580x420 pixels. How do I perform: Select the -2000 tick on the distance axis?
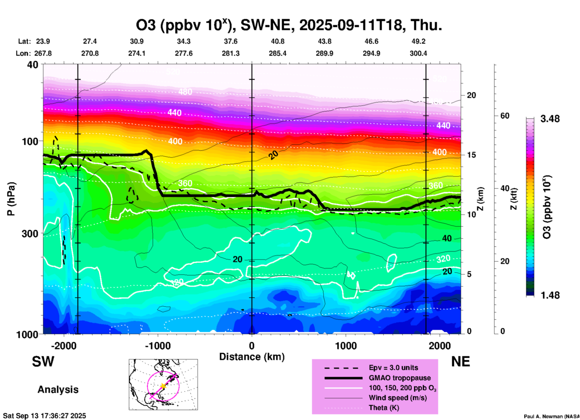tap(64, 346)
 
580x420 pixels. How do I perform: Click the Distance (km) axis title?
tap(252, 357)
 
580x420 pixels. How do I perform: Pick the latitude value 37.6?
tap(230, 41)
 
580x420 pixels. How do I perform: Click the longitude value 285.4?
tap(277, 54)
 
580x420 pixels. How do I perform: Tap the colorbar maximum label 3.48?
tap(550, 119)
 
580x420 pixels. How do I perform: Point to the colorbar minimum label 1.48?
tap(550, 295)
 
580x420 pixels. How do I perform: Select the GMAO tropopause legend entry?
tap(400, 378)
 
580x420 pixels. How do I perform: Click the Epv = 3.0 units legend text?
tap(393, 368)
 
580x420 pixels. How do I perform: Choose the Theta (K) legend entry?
tap(384, 408)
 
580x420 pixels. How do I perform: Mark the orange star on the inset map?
tap(163, 386)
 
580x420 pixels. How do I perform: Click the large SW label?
tap(43, 362)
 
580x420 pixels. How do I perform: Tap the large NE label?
tap(460, 362)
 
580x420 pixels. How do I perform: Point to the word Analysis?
tap(58, 390)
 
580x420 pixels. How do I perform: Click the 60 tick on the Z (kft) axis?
tap(504, 116)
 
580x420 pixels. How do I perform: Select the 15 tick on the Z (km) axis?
tap(471, 155)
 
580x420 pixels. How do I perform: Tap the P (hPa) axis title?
tap(11, 199)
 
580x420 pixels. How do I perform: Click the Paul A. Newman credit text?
tap(551, 416)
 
